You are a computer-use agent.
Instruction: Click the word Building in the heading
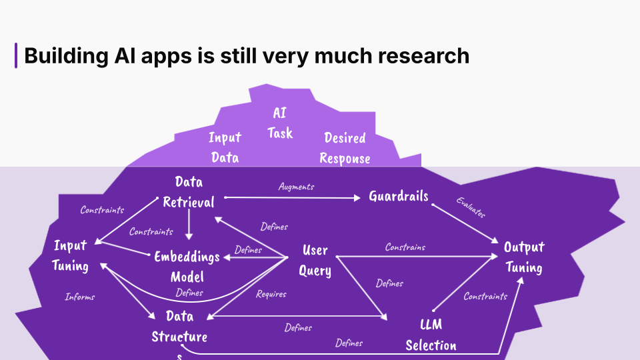tap(66, 56)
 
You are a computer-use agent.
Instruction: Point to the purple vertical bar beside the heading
tap(16, 55)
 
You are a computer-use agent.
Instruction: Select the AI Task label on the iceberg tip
tap(280, 123)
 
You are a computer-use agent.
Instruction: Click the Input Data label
tap(225, 147)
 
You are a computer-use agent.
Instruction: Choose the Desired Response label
tap(345, 148)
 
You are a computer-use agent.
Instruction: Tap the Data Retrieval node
tap(189, 192)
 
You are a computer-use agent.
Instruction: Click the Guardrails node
tap(399, 196)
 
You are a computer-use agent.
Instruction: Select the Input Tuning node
tap(70, 256)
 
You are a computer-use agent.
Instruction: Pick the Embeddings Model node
tap(187, 267)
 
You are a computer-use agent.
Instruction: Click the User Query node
tap(315, 261)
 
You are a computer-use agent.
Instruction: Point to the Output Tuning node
tap(524, 257)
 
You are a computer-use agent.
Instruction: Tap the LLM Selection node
tap(431, 335)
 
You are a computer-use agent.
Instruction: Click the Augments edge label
tap(296, 187)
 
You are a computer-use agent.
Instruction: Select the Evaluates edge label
tap(471, 207)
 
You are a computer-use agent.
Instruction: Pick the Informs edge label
tap(80, 297)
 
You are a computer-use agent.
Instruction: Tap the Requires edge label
tap(271, 294)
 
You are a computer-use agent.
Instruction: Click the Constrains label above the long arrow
tap(405, 247)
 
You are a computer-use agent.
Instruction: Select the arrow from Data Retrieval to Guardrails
tap(292, 197)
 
